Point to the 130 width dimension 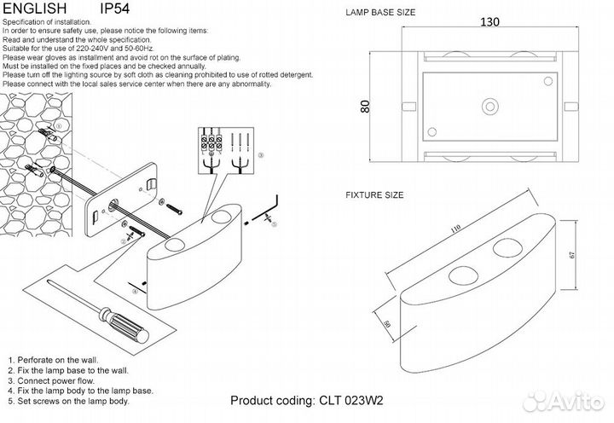(489, 22)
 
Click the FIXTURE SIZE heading (374, 195)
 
